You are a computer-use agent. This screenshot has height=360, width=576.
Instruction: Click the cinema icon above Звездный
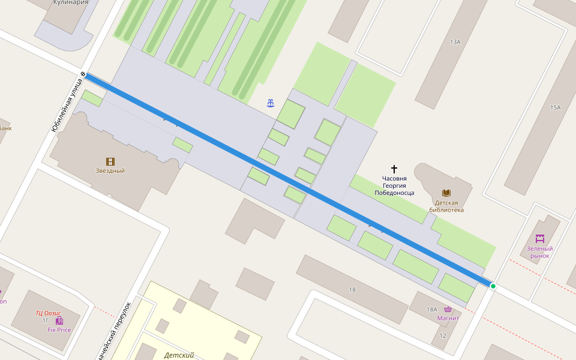(110, 161)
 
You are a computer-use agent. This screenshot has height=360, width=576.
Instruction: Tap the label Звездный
(110, 171)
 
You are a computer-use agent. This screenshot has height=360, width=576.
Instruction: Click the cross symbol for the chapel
(394, 169)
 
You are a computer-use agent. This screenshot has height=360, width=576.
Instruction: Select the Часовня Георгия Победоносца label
(394, 185)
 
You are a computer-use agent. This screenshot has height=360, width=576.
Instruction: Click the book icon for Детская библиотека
(446, 193)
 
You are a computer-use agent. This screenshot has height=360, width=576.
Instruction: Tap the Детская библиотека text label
(446, 206)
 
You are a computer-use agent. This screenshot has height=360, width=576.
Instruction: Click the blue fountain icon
(272, 103)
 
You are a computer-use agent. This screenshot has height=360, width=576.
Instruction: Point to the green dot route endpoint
(493, 286)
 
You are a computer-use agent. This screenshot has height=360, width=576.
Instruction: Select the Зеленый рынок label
(540, 252)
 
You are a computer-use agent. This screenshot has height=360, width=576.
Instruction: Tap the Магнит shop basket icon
(448, 309)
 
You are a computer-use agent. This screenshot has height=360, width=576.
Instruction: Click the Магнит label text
(448, 318)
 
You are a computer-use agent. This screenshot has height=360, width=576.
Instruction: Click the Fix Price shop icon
(59, 321)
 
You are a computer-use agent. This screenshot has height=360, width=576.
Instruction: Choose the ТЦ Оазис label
(48, 313)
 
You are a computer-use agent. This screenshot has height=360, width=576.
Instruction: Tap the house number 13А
(455, 42)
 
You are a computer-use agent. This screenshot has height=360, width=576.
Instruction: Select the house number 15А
(555, 107)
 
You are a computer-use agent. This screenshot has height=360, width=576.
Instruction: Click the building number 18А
(432, 309)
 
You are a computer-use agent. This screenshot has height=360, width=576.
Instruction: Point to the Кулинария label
(71, 2)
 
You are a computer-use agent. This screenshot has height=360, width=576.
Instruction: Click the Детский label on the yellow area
(179, 355)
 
